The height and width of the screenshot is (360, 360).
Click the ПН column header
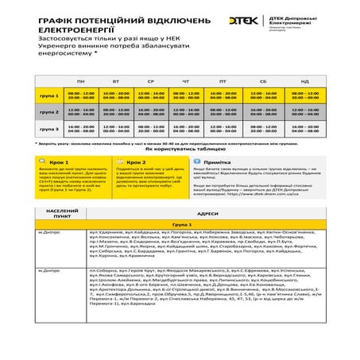pos(80,83)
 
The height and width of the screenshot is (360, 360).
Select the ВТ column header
pos(116,83)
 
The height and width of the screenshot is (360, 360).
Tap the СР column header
pos(151,83)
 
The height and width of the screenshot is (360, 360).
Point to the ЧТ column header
pos(186,83)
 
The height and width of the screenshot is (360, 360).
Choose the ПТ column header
pos(222,83)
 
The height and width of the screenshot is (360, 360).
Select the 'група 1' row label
pos(49,95)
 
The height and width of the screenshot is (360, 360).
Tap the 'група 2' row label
pos(49,112)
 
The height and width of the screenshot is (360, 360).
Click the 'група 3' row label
pos(49,128)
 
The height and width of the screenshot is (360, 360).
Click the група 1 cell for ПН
pos(80,95)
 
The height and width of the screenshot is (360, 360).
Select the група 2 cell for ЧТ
pos(186,112)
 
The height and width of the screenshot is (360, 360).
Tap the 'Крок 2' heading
pos(136,161)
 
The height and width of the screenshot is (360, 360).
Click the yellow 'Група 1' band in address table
pos(180,226)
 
